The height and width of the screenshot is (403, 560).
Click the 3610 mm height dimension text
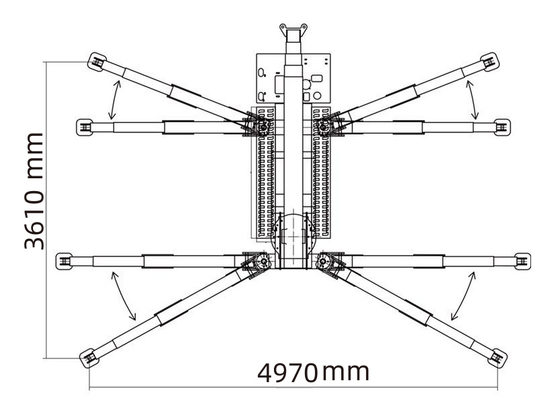click(34, 191)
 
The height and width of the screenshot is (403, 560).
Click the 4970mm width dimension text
click(313, 372)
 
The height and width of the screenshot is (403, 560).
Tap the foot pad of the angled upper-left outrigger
click(95, 63)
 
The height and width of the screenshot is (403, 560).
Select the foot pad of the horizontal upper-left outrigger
click(84, 126)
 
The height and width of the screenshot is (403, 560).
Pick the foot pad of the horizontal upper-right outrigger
click(501, 126)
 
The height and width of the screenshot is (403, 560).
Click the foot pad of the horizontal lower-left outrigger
click(64, 260)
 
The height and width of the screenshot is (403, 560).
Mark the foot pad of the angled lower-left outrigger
click(87, 357)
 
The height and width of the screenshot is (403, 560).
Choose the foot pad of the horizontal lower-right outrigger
click(520, 260)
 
